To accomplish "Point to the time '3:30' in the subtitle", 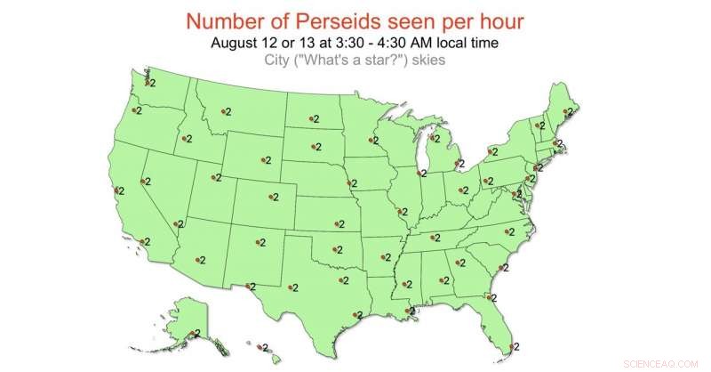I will (363, 43).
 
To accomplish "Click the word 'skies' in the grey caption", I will (426, 61).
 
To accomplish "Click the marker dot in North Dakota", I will (312, 117).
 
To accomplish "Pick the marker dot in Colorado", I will (272, 197).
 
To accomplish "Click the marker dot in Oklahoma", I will (335, 249).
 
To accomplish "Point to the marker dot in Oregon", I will (134, 110).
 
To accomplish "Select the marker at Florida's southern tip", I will (510, 346).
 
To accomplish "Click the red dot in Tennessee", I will (434, 238).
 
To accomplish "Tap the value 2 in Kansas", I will (340, 224).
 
